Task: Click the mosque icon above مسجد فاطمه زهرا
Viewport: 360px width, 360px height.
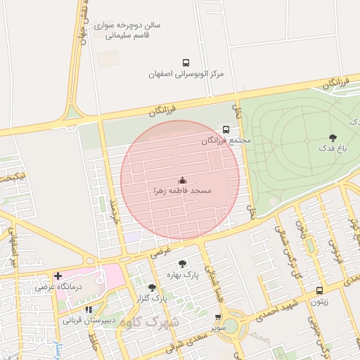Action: pos(182,180)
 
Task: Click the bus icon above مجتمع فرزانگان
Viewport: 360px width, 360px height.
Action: pos(226,129)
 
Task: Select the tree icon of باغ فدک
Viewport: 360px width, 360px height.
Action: pos(333,138)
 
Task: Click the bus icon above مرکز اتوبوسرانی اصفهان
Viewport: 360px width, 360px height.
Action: pos(186,63)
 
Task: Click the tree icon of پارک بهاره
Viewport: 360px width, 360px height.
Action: pos(183,264)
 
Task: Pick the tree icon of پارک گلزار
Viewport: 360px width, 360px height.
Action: pos(152,287)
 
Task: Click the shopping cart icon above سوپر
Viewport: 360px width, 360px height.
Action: pos(218,318)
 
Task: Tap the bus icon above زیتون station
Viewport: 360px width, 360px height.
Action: pos(320,290)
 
